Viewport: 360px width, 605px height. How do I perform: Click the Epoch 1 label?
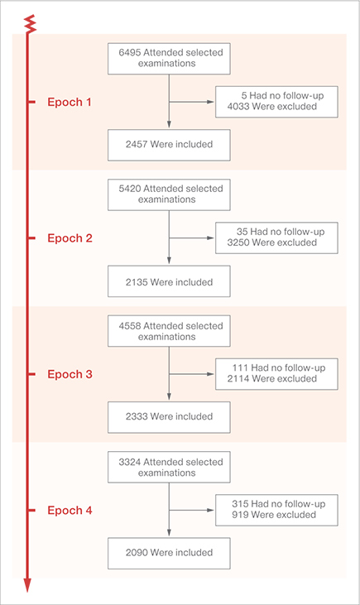coord(70,103)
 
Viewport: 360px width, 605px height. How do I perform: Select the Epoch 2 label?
coord(70,238)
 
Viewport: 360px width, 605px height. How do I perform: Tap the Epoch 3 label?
coord(70,374)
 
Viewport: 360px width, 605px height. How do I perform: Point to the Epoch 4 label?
coord(70,511)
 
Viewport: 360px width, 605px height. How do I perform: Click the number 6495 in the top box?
coord(130,52)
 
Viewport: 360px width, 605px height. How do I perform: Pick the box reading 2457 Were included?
coord(169,145)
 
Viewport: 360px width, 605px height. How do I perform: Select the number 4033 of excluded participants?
coord(238,107)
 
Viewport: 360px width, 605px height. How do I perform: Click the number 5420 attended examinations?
coord(130,189)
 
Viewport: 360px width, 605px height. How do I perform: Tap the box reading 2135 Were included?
coord(169,281)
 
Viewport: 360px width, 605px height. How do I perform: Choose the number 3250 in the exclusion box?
coord(238,242)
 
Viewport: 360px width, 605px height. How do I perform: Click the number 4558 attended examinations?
coord(130,326)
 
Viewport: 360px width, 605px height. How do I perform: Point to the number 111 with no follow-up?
coord(240,367)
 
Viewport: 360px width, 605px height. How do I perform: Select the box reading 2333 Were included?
coord(169,417)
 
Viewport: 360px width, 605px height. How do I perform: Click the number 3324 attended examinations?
coord(130,463)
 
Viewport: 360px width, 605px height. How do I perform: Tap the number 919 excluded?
coord(240,515)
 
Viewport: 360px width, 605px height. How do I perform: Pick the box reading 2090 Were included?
coord(169,554)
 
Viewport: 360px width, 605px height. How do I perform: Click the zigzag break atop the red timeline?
coord(30,24)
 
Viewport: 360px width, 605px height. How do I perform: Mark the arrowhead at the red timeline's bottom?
coord(27,585)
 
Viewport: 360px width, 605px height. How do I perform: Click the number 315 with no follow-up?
coord(240,504)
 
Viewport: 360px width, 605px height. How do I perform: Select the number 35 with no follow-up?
coord(242,232)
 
